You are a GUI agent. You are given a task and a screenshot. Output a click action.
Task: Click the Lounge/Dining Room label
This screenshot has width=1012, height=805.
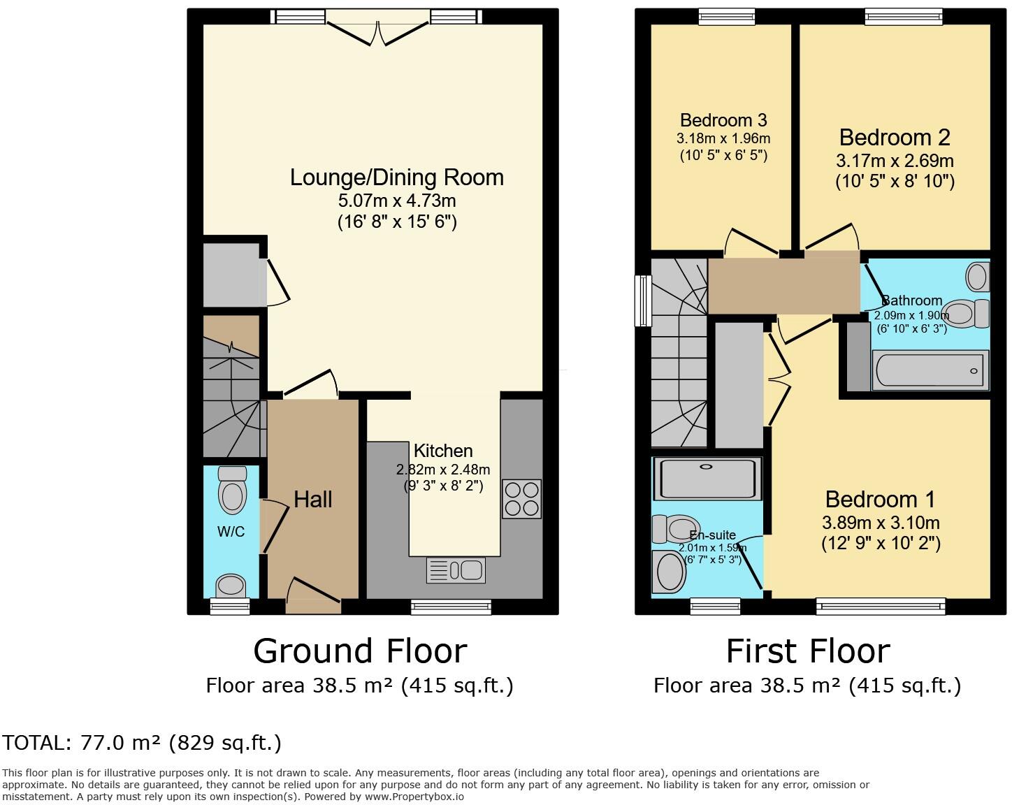tap(396, 177)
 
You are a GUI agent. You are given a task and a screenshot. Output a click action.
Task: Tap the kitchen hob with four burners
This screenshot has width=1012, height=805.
tap(521, 499)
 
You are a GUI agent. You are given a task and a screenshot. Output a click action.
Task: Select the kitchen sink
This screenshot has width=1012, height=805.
tap(456, 570)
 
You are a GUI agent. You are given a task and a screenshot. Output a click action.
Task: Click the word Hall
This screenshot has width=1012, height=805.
tap(312, 499)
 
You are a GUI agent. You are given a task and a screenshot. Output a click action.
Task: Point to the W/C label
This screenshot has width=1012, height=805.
tap(231, 532)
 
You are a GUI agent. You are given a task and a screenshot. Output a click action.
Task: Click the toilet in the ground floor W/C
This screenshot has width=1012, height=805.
tap(232, 490)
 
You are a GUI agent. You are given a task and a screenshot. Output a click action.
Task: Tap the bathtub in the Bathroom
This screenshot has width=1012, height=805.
tap(930, 370)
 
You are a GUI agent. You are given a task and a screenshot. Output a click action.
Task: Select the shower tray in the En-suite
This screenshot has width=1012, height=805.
tap(706, 479)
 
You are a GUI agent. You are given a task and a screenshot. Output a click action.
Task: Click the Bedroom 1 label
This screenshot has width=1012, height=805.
tap(880, 499)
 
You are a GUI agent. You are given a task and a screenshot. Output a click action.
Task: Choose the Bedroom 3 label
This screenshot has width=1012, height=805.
tap(723, 120)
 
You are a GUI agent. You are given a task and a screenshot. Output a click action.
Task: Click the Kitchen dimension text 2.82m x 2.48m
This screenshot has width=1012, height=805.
tap(443, 470)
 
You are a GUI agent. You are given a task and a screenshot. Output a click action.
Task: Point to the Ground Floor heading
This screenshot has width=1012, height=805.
tap(359, 651)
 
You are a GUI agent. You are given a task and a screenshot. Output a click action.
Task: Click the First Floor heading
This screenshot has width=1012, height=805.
tap(807, 651)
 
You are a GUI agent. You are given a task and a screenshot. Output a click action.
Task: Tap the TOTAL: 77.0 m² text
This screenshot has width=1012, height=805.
tap(141, 742)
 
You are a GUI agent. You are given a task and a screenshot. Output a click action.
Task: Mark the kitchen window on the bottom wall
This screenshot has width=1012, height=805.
tap(451, 607)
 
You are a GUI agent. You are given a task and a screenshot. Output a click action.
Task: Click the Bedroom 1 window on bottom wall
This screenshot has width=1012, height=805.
tap(880, 606)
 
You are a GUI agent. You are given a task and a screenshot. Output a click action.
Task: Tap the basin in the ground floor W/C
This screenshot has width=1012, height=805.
tap(231, 585)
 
